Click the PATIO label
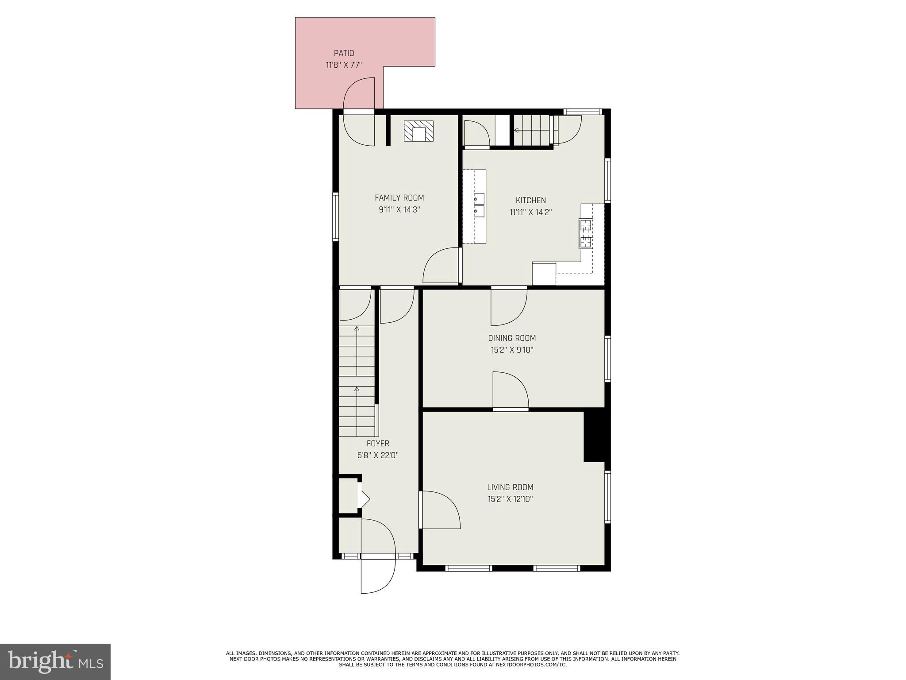(344, 53)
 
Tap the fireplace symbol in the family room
(418, 131)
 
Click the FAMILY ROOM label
(399, 198)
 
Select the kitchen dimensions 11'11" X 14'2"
(530, 212)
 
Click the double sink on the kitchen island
(479, 205)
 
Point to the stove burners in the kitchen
(586, 233)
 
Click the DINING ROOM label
(512, 338)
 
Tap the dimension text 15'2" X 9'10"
(512, 350)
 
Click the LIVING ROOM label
(510, 487)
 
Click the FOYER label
(378, 444)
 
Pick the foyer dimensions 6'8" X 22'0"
(378, 455)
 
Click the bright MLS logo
(55, 661)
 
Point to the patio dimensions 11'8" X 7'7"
(344, 65)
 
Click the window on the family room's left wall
(336, 217)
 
